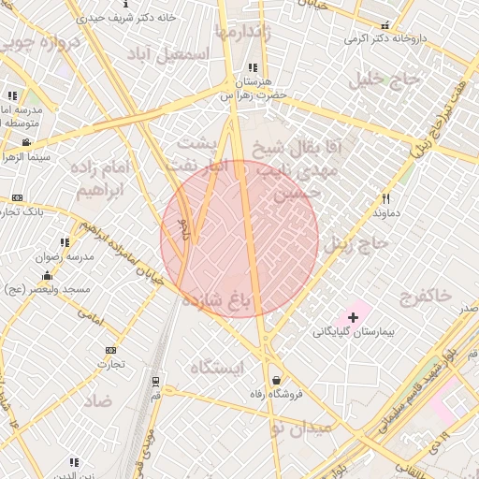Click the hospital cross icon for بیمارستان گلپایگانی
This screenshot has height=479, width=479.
pyautogui.click(x=352, y=318)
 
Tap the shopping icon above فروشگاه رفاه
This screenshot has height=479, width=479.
pyautogui.click(x=277, y=380)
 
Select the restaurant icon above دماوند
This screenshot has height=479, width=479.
pyautogui.click(x=385, y=198)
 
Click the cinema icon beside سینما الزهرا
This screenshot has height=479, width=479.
pyautogui.click(x=25, y=142)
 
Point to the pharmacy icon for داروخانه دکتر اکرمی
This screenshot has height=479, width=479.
pyautogui.click(x=385, y=25)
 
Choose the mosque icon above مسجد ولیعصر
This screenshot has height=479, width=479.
pyautogui.click(x=48, y=275)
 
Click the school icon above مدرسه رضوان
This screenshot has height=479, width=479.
pyautogui.click(x=64, y=242)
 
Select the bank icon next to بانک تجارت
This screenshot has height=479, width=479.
pyautogui.click(x=18, y=198)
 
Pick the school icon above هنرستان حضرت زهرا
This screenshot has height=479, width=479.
pyautogui.click(x=253, y=67)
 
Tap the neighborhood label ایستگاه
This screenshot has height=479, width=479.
pyautogui.click(x=216, y=368)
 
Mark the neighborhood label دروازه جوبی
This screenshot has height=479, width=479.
pyautogui.click(x=37, y=44)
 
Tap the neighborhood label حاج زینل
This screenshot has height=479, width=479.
pyautogui.click(x=361, y=244)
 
